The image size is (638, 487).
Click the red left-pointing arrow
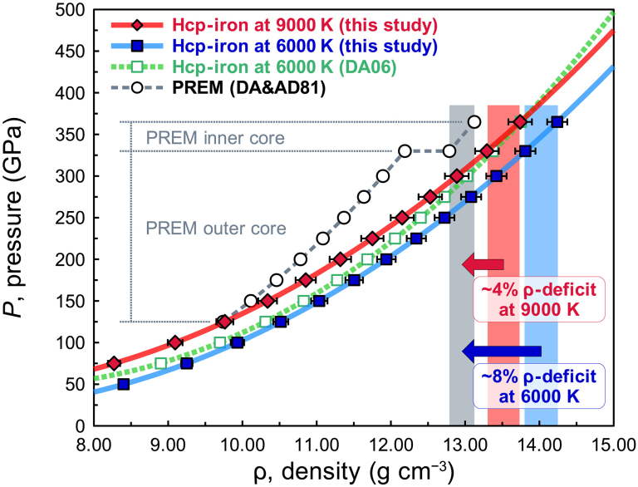483,263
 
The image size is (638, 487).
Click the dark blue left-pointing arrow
502,351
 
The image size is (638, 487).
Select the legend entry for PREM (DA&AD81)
218,87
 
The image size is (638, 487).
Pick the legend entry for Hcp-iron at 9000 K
275,25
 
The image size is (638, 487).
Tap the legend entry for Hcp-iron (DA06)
254,66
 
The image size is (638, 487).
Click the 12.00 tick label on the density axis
391,445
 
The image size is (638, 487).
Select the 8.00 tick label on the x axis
94,445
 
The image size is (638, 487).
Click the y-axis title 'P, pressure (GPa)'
13,218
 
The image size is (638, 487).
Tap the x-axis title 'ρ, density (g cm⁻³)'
354,471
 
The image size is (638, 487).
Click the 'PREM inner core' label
215,138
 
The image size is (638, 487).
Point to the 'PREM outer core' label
216,229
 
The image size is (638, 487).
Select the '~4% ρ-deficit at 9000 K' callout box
538,300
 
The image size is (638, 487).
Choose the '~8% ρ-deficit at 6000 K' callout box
538,386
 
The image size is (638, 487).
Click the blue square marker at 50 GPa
123,385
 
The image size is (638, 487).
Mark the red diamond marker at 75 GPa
114,363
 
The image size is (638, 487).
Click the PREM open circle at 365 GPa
474,121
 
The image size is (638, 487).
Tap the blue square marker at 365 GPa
557,121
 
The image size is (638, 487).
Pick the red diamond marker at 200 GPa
341,259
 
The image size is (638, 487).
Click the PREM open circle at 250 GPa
344,218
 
